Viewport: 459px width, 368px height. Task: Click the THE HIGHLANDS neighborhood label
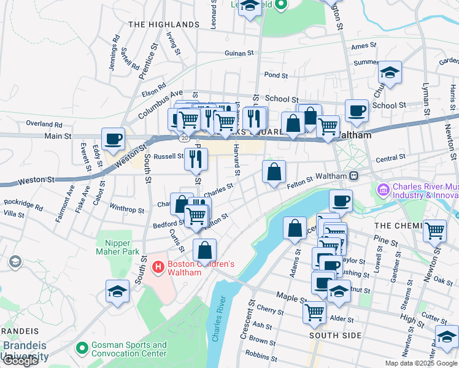tap(164, 25)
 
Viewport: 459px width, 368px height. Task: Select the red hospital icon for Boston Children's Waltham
tap(157, 268)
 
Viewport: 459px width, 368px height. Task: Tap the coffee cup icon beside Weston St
tap(113, 139)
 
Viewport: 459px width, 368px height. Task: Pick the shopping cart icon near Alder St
tap(315, 312)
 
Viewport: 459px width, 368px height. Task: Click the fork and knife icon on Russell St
tap(196, 158)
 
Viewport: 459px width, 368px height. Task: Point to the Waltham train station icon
tap(354, 176)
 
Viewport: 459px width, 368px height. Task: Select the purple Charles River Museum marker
tap(384, 191)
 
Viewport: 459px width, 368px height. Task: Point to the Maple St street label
tap(290, 298)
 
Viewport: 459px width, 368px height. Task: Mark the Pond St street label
tap(276, 75)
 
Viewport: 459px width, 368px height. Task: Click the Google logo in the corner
tap(20, 361)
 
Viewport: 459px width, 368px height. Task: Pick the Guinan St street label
tap(239, 54)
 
